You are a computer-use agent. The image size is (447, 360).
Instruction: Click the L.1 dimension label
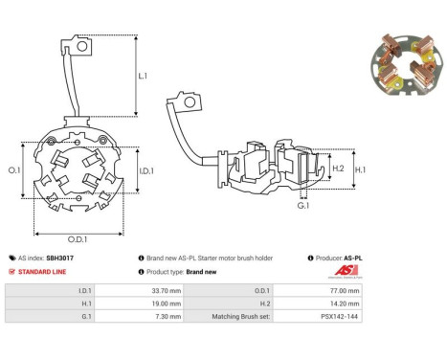pyautogui.click(x=143, y=76)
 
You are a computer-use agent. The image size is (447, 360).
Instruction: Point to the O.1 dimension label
pyautogui.click(x=14, y=170)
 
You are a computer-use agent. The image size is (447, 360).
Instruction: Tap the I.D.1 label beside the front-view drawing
pyautogui.click(x=146, y=171)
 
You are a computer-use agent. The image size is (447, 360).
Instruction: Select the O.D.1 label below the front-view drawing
pyautogui.click(x=78, y=239)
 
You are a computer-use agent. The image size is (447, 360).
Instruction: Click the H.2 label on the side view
pyautogui.click(x=338, y=169)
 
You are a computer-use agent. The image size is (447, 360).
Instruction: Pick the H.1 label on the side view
pyautogui.click(x=361, y=169)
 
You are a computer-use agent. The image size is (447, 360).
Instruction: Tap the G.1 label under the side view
pyautogui.click(x=303, y=206)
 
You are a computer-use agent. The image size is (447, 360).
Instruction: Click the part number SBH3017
pyautogui.click(x=59, y=259)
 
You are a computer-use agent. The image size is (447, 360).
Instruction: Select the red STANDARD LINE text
pyautogui.click(x=42, y=272)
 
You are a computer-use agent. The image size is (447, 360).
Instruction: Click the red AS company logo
pyautogui.click(x=346, y=271)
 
